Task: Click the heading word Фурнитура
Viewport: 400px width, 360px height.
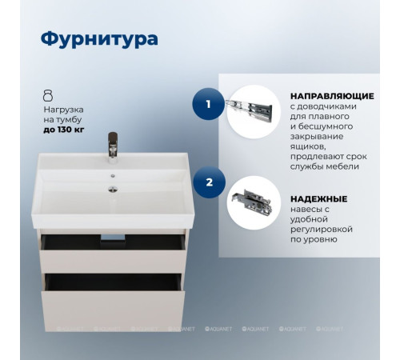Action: pyautogui.click(x=98, y=38)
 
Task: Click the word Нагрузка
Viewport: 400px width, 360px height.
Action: pyautogui.click(x=63, y=108)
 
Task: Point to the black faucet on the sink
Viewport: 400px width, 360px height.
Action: pyautogui.click(x=113, y=148)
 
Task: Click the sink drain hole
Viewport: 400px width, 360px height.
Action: pyautogui.click(x=114, y=190)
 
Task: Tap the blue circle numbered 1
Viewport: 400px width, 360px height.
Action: pyautogui.click(x=209, y=104)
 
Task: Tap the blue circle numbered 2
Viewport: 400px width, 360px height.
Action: pyautogui.click(x=209, y=182)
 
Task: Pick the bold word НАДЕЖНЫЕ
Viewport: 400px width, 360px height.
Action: pyautogui.click(x=318, y=198)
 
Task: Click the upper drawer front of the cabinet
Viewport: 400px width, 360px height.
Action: pyautogui.click(x=110, y=255)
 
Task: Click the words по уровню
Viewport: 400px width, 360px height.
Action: pyautogui.click(x=314, y=240)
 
